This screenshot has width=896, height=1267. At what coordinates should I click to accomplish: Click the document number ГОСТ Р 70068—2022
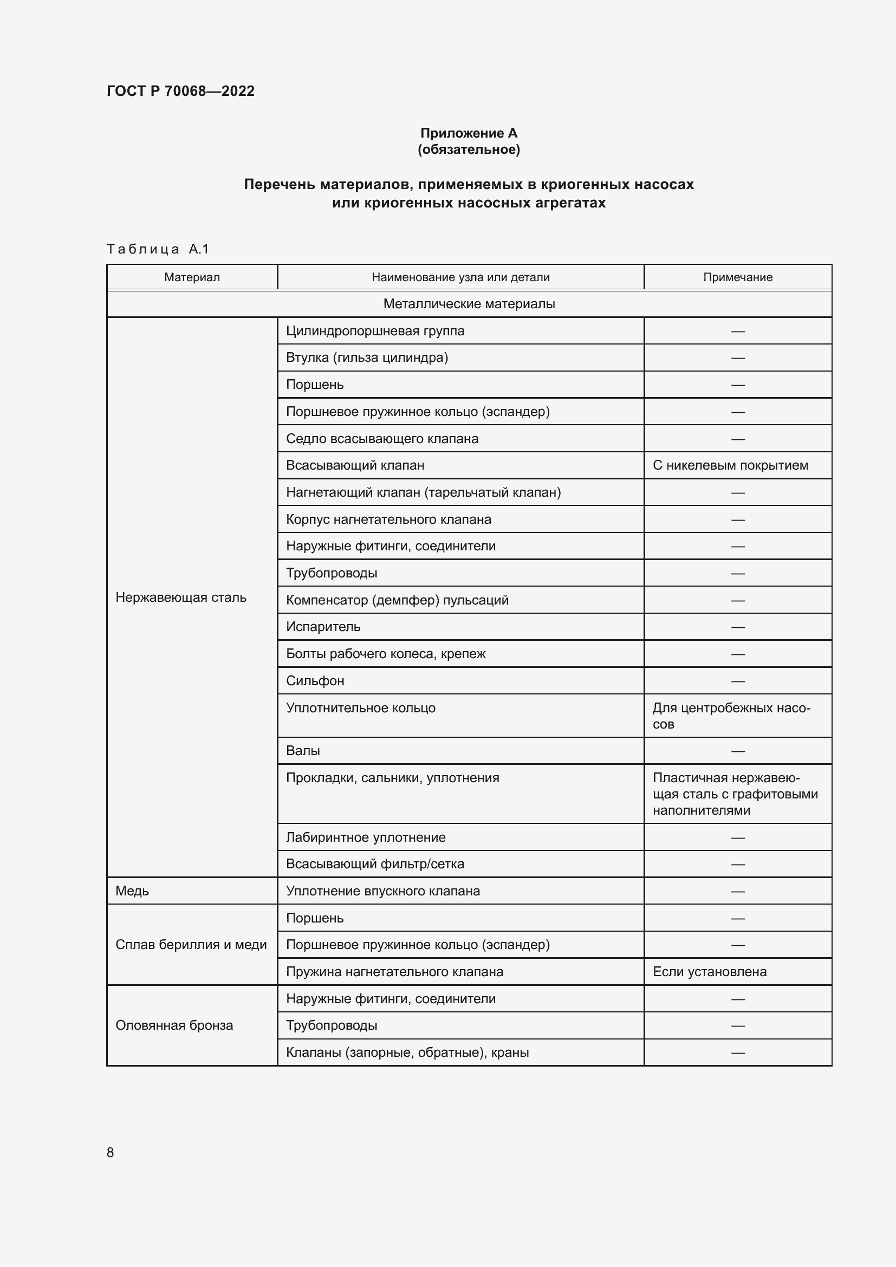tap(180, 91)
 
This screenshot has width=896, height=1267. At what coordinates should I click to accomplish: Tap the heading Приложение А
tap(469, 133)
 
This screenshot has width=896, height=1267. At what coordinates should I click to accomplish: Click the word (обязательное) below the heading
tap(469, 150)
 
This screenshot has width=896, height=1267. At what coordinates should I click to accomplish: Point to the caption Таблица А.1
tap(158, 249)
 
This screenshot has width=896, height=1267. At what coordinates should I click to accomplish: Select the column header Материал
tap(191, 277)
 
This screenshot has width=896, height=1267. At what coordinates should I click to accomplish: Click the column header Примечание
tap(737, 277)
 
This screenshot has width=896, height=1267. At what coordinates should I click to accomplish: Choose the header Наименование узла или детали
tap(460, 277)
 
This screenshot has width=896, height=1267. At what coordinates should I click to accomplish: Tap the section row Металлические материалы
tap(469, 303)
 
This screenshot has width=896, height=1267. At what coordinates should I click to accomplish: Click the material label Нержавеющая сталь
tap(180, 597)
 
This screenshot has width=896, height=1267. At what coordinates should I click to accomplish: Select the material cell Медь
tap(132, 891)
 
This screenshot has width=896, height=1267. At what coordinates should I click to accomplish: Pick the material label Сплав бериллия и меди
tap(191, 944)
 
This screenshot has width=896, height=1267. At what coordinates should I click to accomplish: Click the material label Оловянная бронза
tap(174, 1025)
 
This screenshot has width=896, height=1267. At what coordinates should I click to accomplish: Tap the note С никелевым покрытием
tap(730, 465)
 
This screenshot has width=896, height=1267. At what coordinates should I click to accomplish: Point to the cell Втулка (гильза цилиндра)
tap(366, 358)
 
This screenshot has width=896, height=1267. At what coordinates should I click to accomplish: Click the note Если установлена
tap(709, 971)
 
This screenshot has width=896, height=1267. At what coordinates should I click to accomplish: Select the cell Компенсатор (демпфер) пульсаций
tap(397, 600)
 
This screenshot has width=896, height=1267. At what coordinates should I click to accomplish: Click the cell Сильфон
tap(315, 680)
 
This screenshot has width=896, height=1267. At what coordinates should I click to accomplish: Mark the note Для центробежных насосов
tap(730, 715)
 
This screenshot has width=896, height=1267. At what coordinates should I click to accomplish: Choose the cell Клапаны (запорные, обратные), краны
tap(407, 1052)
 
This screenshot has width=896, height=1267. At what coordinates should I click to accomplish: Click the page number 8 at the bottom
tap(111, 1152)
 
